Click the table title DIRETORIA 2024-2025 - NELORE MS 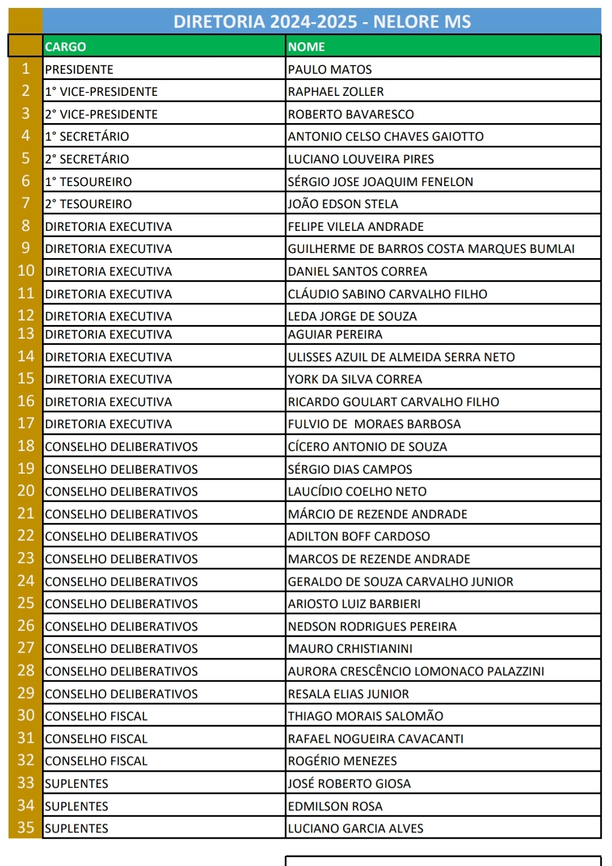pyautogui.click(x=322, y=22)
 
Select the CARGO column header pyautogui.click(x=66, y=47)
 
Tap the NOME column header pyautogui.click(x=306, y=47)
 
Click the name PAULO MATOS pyautogui.click(x=330, y=69)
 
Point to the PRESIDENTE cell pyautogui.click(x=79, y=69)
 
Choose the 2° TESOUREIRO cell pyautogui.click(x=88, y=204)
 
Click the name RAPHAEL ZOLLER pyautogui.click(x=336, y=92)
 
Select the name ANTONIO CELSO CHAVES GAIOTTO pyautogui.click(x=386, y=137)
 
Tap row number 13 pyautogui.click(x=26, y=334)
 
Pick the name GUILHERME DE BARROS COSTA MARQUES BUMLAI pyautogui.click(x=431, y=249)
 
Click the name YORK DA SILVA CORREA pyautogui.click(x=355, y=379)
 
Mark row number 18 pyautogui.click(x=26, y=446)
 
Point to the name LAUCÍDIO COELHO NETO pyautogui.click(x=357, y=492)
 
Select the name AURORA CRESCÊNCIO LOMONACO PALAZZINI pyautogui.click(x=416, y=671)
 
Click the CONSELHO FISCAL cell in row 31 pyautogui.click(x=96, y=739)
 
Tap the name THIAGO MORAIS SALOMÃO pyautogui.click(x=365, y=716)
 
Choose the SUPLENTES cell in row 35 pyautogui.click(x=77, y=829)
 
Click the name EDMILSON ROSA pyautogui.click(x=335, y=806)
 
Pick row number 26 pyautogui.click(x=26, y=626)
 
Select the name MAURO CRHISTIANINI pyautogui.click(x=350, y=649)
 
